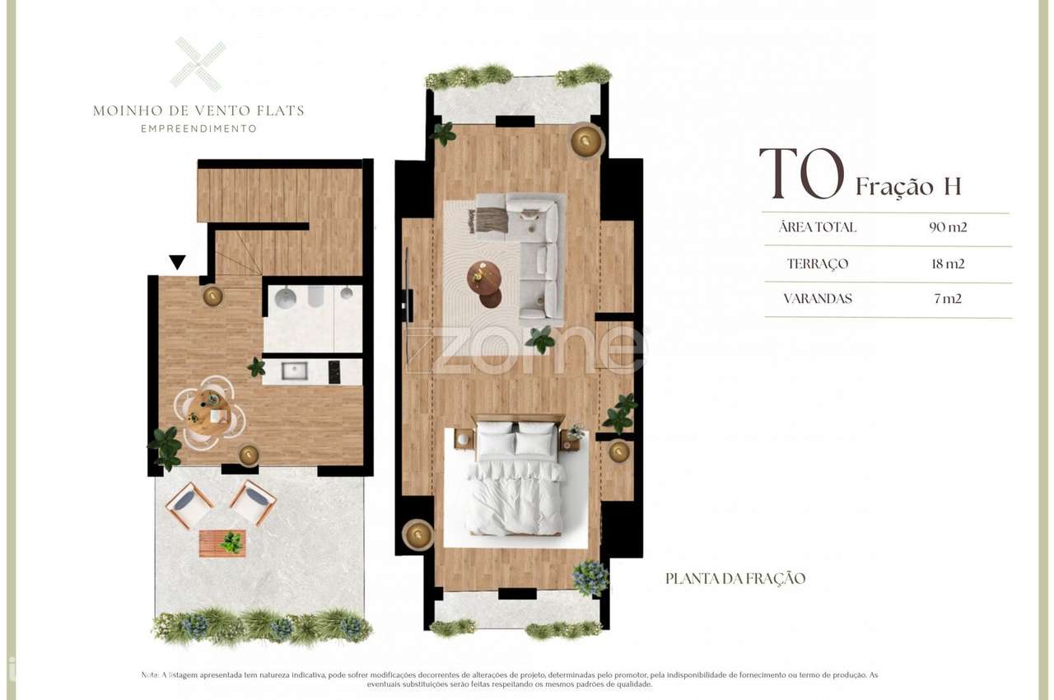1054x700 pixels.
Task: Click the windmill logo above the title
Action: (198, 64)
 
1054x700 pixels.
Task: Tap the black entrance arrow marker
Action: (177, 263)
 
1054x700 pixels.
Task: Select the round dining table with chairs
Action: (209, 412)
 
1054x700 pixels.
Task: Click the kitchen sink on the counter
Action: (294, 371)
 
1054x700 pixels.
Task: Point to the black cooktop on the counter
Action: (335, 372)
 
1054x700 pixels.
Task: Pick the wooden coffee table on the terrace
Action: (222, 544)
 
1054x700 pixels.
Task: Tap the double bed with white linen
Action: (515, 479)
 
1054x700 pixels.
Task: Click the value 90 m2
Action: (948, 227)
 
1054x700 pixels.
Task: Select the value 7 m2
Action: (948, 299)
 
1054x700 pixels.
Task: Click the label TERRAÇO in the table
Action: (817, 264)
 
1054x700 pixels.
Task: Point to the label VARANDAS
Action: (818, 299)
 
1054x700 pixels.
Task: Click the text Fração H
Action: (908, 187)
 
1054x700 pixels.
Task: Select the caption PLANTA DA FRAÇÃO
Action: (735, 579)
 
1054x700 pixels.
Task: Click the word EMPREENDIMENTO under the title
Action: (198, 128)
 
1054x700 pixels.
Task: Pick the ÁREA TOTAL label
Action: (817, 227)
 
